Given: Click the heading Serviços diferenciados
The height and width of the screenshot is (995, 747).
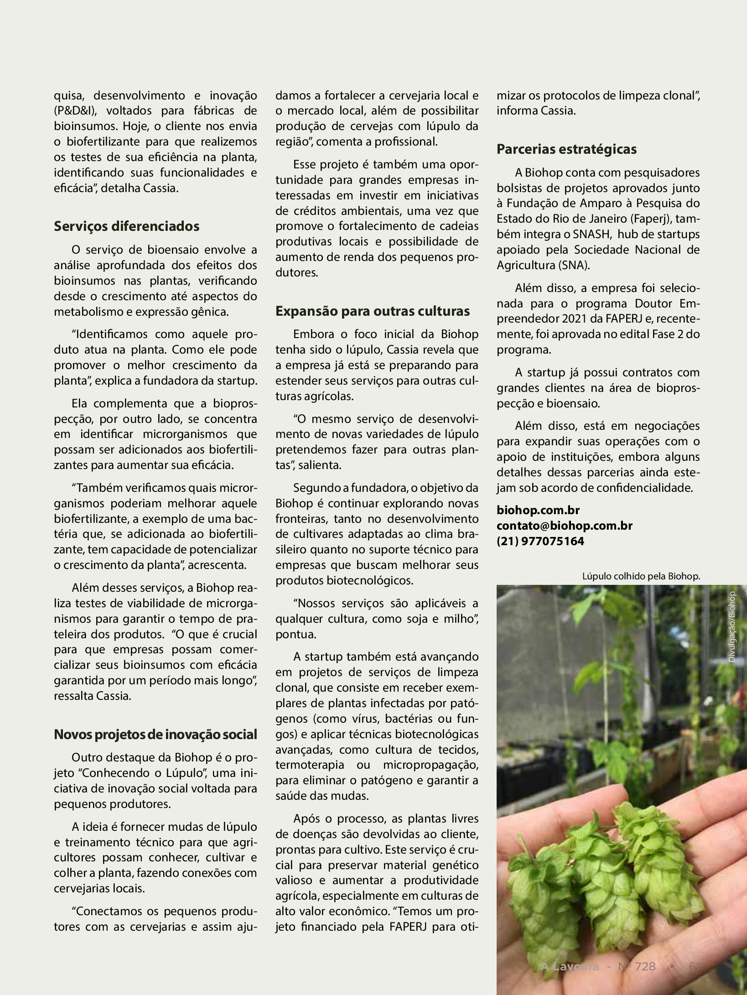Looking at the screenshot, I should coord(126,226).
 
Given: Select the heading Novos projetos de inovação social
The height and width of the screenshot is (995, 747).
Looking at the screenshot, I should coord(155,735).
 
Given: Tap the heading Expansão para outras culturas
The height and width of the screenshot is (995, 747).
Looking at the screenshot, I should coord(372,311).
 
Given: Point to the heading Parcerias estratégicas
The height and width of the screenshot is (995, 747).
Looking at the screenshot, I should coord(566,149).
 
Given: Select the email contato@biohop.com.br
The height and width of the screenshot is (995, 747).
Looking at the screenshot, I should coord(564,526).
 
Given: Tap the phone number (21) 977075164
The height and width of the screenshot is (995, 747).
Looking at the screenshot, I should coord(540,541).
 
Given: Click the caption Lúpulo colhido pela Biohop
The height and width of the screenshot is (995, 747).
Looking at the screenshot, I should coord(640,576).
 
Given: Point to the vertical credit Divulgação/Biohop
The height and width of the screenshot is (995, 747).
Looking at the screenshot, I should coord(732,627).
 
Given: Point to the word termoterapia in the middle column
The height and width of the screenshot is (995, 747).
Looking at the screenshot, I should coord(310,765).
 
